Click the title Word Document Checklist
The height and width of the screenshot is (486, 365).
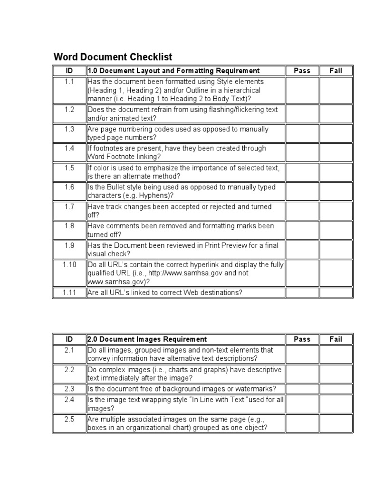coord(113,57)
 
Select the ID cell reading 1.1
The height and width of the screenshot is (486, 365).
coord(69,82)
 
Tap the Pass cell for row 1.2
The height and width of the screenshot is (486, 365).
coord(302,114)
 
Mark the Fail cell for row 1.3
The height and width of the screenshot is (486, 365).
coord(336,133)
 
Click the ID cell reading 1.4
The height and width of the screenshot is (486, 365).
coord(69,149)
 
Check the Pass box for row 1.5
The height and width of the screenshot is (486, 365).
coord(302,172)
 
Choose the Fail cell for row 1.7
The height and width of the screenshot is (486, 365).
coord(336,211)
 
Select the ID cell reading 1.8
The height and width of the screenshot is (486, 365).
coord(69,226)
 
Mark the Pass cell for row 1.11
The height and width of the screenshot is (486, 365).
coord(302,293)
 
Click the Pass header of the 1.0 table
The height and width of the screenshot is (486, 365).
coord(302,71)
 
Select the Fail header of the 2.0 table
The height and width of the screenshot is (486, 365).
coord(336,339)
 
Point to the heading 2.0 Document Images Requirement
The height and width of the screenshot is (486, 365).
coord(147,339)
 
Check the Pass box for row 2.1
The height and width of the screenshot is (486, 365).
coord(302,354)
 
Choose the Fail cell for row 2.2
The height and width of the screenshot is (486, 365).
coord(336,374)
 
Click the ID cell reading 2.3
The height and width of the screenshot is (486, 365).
coord(69,389)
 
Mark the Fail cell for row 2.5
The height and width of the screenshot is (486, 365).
coord(336,423)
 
